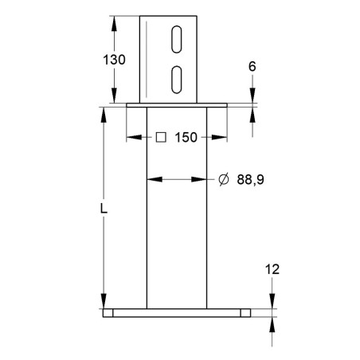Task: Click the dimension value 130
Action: coord(114,60)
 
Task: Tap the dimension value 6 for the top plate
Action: coord(252,68)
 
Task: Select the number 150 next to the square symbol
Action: coord(186,137)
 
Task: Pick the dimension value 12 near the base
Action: coord(272,270)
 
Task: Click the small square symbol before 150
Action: coord(160,137)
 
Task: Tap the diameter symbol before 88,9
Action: coord(223,180)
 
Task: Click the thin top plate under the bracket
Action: coord(177,105)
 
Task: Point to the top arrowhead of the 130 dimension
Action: coord(114,21)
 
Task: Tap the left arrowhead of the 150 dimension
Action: coord(133,137)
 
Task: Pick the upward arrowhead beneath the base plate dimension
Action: coord(272,322)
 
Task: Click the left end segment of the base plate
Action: coord(108,313)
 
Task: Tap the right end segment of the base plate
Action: coord(245,313)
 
